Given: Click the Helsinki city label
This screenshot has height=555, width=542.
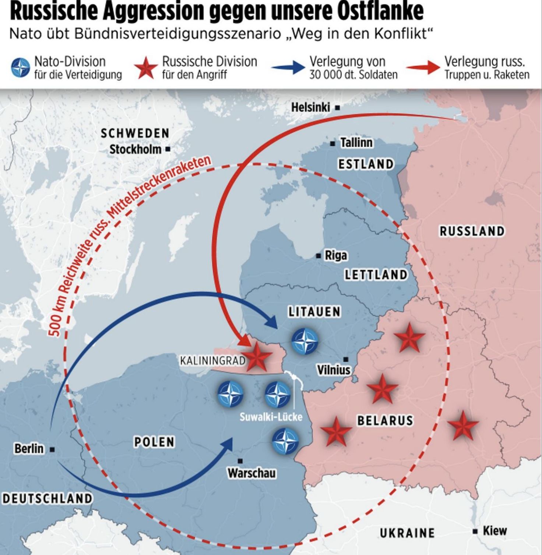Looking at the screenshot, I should [310, 107].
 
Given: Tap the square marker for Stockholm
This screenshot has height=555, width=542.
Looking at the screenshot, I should [168, 149].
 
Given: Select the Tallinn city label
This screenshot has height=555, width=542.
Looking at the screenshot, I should [356, 143].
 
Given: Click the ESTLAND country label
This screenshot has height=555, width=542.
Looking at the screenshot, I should [366, 164].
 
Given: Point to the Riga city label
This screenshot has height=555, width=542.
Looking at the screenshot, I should [335, 255].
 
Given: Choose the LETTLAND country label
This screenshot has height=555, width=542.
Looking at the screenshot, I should [376, 275].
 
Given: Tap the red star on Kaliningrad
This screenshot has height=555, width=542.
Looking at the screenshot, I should [258, 357].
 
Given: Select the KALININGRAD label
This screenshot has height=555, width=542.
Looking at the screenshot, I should [212, 360].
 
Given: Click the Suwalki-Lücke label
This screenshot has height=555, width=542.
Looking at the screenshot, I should [271, 417].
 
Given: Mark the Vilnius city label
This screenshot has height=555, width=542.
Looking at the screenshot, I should [334, 370].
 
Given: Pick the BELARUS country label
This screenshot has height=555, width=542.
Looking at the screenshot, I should [385, 420].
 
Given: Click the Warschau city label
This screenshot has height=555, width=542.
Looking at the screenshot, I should [251, 473].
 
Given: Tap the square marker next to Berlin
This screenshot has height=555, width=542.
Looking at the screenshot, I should [52, 449].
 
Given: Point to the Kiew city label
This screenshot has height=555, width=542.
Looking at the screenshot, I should [495, 531].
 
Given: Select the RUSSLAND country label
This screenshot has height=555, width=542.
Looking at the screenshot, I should [472, 231].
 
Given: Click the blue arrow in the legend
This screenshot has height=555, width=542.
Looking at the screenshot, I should [288, 67].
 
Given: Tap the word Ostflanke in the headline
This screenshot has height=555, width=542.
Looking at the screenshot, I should [380, 11].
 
